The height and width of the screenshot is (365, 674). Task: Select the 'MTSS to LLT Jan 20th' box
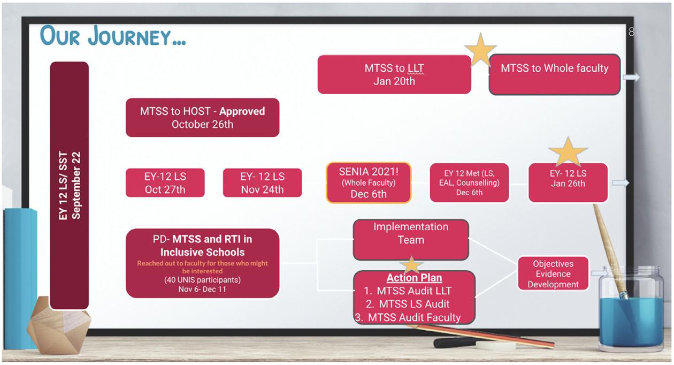tap(394, 74)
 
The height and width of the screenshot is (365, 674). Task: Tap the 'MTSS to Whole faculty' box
tap(554, 74)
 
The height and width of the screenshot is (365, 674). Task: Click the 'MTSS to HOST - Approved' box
tap(202, 117)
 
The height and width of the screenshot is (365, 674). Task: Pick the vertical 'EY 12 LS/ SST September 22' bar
tap(69, 185)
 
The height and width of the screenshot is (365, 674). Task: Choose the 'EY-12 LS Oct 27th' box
tap(165, 182)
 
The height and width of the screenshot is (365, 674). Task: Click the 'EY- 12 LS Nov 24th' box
tap(262, 182)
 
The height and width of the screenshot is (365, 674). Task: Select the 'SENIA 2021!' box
tap(369, 182)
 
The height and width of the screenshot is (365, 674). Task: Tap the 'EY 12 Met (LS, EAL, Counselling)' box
tap(469, 182)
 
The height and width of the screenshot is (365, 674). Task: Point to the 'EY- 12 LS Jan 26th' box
tap(568, 182)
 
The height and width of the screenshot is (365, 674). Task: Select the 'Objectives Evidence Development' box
tap(553, 274)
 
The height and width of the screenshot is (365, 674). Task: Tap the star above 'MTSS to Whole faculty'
tap(480, 50)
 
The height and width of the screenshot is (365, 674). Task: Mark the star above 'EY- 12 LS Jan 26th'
tap(568, 151)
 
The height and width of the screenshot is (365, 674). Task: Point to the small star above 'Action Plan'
tap(411, 264)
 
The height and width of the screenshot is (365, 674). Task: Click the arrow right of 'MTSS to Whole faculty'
tap(631, 78)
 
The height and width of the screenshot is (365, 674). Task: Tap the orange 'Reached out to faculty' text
tap(202, 267)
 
